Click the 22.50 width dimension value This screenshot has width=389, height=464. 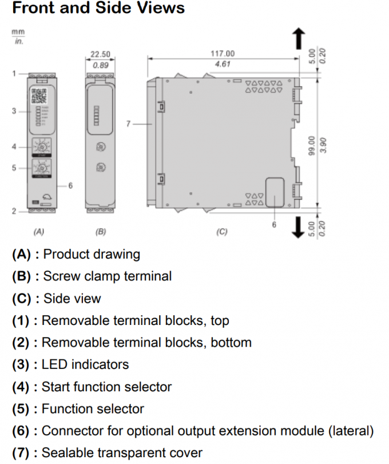click(101, 54)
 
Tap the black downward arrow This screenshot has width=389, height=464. click(298, 226)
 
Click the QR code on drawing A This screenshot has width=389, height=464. click(39, 95)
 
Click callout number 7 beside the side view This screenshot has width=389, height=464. click(129, 123)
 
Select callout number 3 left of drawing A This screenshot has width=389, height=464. click(14, 111)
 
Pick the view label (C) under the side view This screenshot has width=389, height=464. click(221, 232)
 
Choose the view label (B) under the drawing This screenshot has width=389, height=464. click(101, 232)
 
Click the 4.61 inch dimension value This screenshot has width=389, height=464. click(223, 64)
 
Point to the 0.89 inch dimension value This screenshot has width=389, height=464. click(101, 65)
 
